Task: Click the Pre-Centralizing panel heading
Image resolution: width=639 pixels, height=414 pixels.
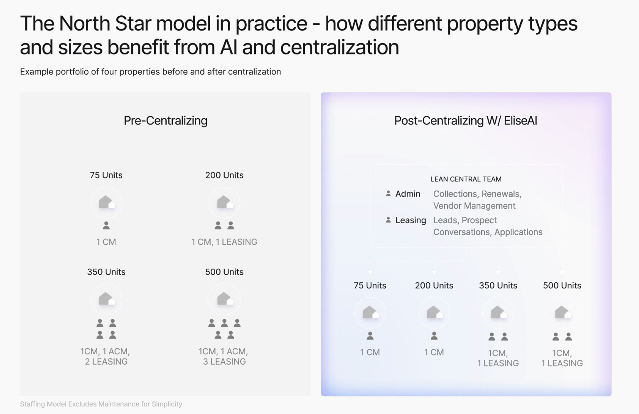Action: pyautogui.click(x=165, y=121)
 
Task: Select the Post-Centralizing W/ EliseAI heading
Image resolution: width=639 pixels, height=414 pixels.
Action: pyautogui.click(x=466, y=121)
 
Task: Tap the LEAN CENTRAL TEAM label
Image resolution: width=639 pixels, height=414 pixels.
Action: pyautogui.click(x=466, y=179)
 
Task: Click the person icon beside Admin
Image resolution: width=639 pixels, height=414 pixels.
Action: pyautogui.click(x=388, y=194)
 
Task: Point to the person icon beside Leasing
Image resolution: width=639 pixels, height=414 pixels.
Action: pyautogui.click(x=388, y=220)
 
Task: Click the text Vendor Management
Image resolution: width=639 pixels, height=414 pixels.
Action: pyautogui.click(x=474, y=206)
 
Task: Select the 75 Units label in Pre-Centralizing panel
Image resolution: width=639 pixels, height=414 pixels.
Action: pyautogui.click(x=106, y=175)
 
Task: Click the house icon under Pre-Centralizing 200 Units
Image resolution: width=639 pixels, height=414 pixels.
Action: pyautogui.click(x=225, y=202)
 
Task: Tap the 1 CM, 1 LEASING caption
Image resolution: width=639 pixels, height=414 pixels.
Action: pyautogui.click(x=224, y=242)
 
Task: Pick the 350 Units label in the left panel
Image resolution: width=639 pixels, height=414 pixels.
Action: pyautogui.click(x=106, y=272)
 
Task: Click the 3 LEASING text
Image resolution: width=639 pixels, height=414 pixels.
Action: pyautogui.click(x=224, y=362)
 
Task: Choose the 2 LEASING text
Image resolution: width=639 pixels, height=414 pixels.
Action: pyautogui.click(x=106, y=362)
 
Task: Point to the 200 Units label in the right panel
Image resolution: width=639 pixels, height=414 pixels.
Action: pyautogui.click(x=434, y=285)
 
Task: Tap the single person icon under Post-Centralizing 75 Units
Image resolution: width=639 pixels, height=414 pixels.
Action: pyautogui.click(x=370, y=336)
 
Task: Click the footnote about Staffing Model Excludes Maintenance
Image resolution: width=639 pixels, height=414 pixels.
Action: pyautogui.click(x=101, y=404)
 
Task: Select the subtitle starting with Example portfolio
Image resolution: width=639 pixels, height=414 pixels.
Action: pyautogui.click(x=150, y=72)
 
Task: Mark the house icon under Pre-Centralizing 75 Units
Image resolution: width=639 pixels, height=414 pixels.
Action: pyautogui.click(x=107, y=202)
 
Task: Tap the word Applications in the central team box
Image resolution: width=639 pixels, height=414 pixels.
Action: pyautogui.click(x=519, y=232)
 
